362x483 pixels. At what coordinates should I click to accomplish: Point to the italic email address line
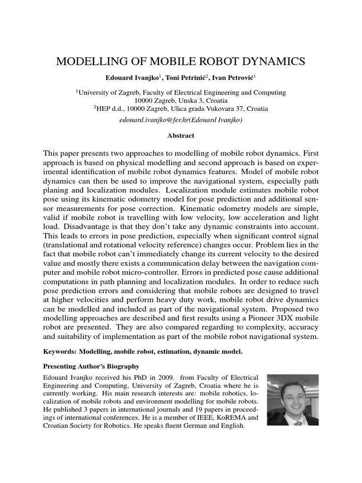click(181, 120)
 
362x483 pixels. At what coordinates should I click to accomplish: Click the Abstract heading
click(181, 135)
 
